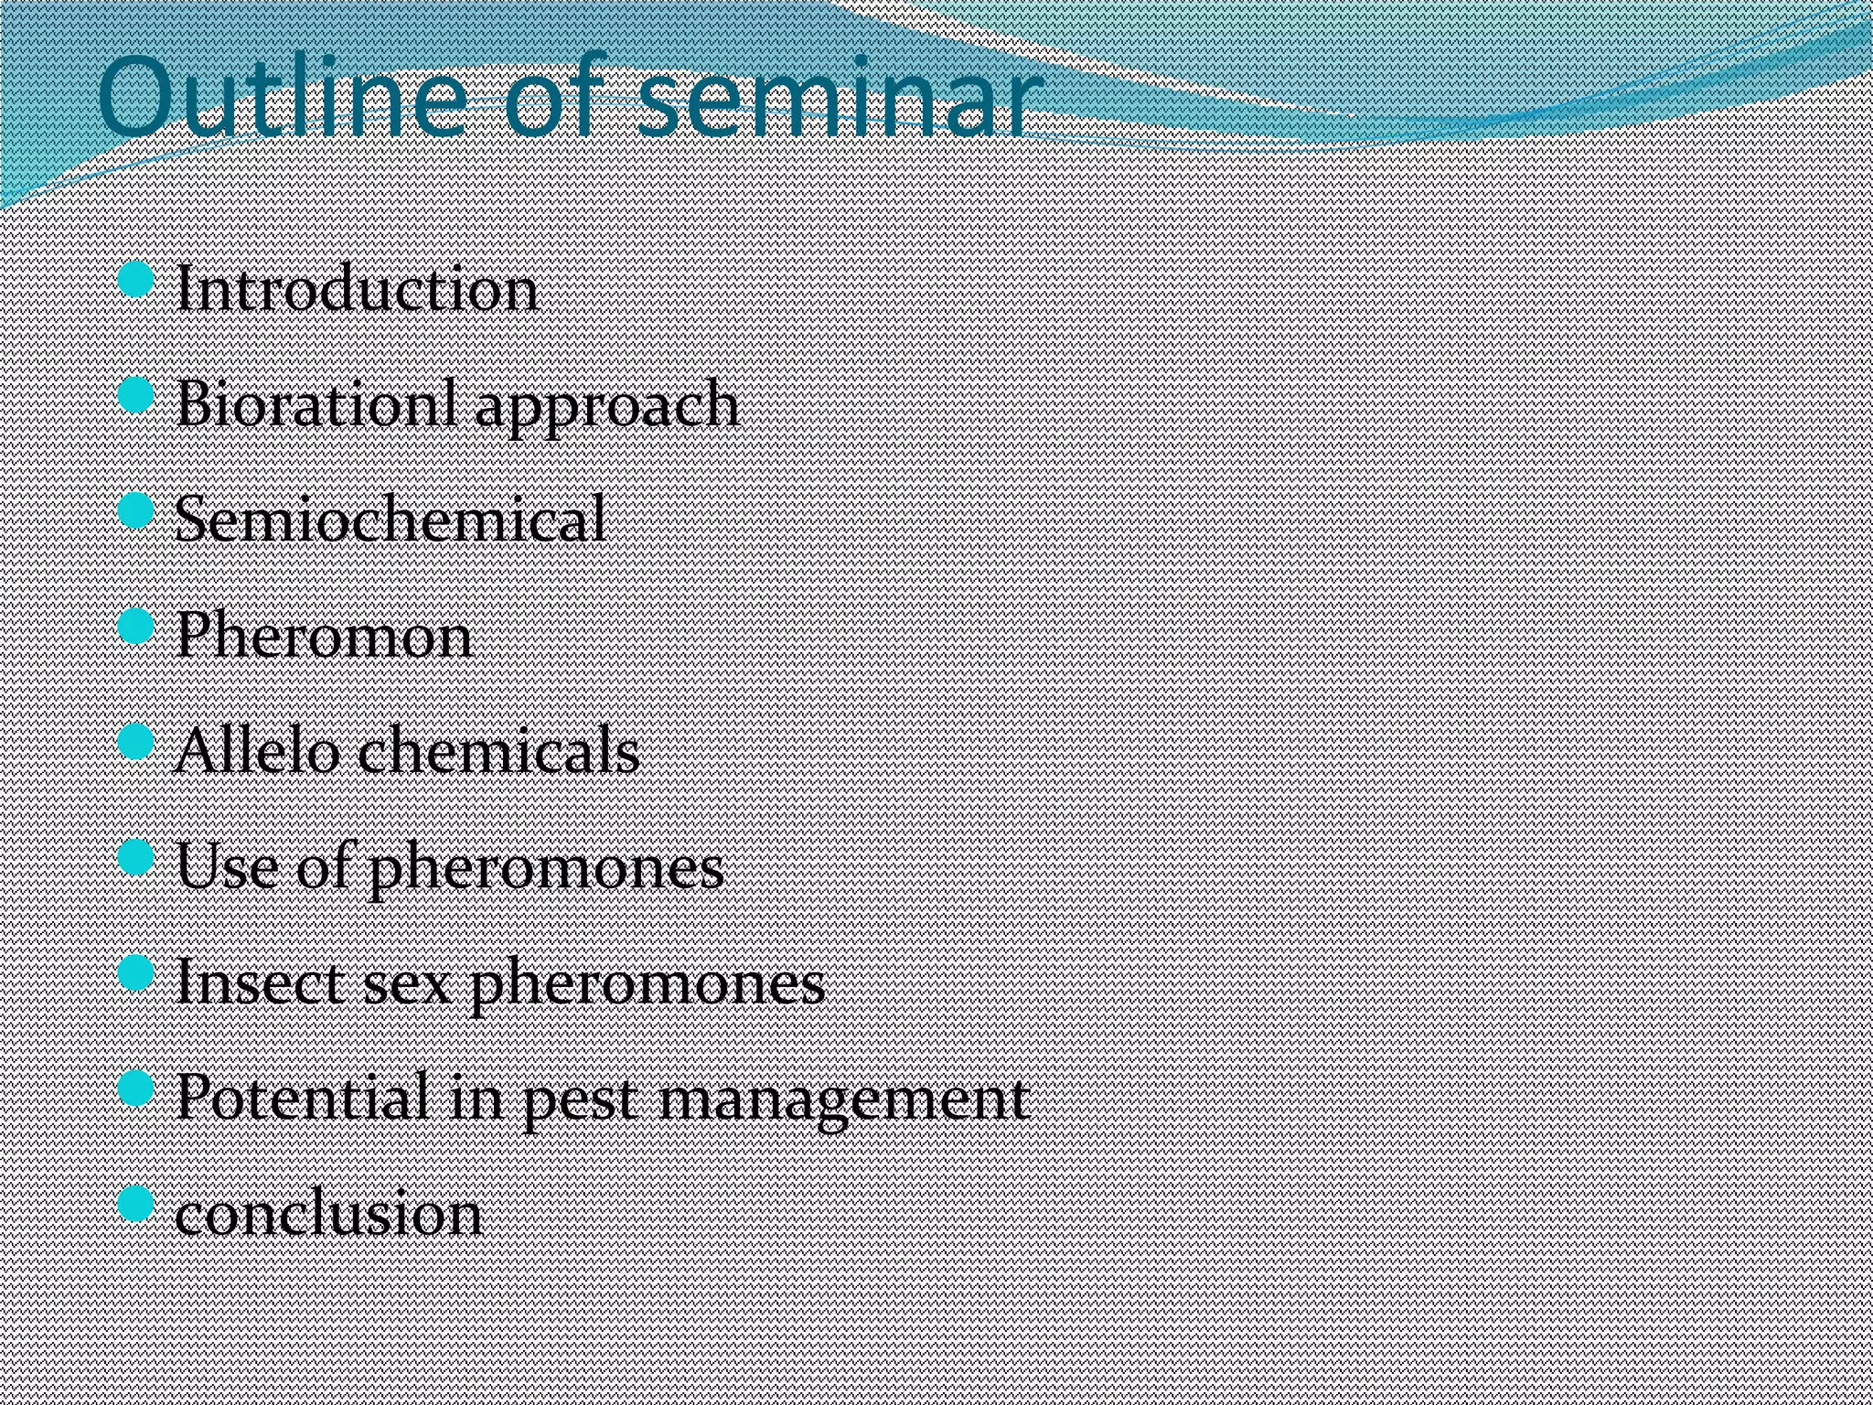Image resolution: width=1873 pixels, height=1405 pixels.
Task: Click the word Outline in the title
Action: pos(279,99)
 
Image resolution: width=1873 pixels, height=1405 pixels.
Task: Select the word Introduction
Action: pos(356,290)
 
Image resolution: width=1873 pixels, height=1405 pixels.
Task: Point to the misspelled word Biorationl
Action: pos(316,403)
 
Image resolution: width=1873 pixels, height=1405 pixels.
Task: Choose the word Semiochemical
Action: pos(390,520)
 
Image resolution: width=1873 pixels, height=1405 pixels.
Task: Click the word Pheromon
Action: pos(324,635)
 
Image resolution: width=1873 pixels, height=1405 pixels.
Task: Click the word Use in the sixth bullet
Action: pos(226,865)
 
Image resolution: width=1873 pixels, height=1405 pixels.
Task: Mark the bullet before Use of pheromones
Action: pos(136,857)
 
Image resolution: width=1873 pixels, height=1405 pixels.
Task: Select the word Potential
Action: pos(303,1097)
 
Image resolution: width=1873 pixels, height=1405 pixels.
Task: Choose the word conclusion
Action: pos(328,1214)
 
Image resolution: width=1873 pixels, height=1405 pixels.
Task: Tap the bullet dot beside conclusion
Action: pos(136,1204)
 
